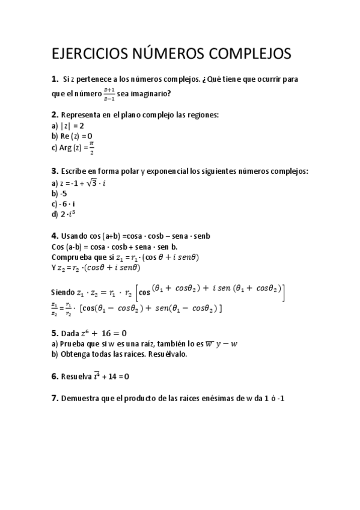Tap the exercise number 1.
point(55,79)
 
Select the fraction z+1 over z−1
point(109,93)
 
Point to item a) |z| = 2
point(67,126)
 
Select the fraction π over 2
point(92,147)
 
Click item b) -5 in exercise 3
point(59,193)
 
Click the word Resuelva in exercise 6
point(76,376)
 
